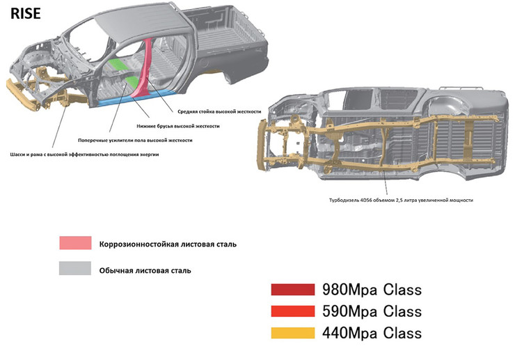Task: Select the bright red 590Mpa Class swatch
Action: pyautogui.click(x=293, y=311)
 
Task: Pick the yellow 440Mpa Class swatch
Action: pyautogui.click(x=293, y=332)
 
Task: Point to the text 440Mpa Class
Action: pyautogui.click(x=372, y=332)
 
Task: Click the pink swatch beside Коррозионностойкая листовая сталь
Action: pyautogui.click(x=75, y=244)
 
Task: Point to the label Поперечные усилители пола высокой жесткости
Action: pyautogui.click(x=144, y=140)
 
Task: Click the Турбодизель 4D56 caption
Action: pyautogui.click(x=401, y=200)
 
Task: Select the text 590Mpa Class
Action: pyautogui.click(x=372, y=311)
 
